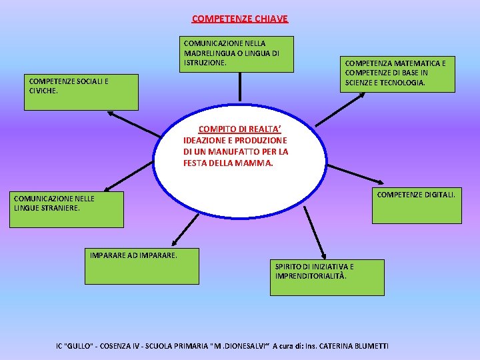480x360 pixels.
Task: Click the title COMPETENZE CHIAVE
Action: click(x=240, y=19)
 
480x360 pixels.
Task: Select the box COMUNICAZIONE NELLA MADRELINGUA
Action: click(x=238, y=53)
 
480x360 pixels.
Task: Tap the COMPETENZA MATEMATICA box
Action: click(x=397, y=73)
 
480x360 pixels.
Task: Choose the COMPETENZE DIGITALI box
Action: click(x=417, y=205)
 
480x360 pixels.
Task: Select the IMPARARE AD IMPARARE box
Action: click(x=144, y=266)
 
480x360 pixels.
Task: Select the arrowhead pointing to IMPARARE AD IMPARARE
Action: click(x=173, y=244)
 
